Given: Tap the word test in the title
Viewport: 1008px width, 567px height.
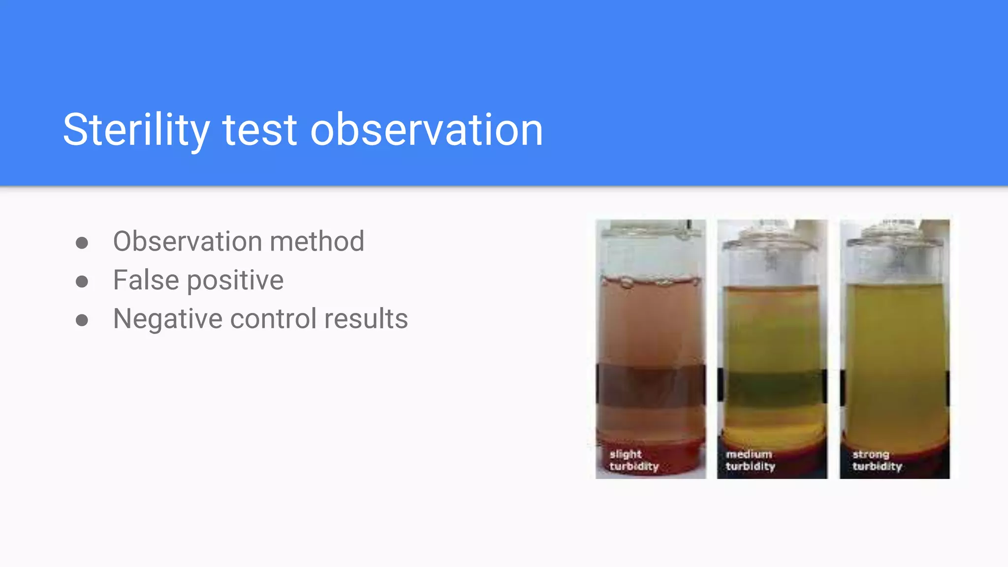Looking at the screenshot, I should [260, 130].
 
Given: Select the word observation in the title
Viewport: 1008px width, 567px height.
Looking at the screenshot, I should [426, 130].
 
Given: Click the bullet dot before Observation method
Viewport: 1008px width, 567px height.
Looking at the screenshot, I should [82, 243].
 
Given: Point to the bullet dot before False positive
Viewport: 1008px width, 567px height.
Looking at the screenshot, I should [82, 282].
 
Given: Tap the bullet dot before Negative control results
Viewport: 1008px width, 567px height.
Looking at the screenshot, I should [82, 320].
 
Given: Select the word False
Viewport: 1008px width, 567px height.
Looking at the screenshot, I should [146, 280].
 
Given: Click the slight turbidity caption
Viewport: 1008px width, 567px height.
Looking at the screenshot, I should [633, 460].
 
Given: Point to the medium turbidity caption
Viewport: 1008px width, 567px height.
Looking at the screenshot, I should [750, 460].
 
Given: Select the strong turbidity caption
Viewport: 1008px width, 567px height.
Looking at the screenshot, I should [877, 460].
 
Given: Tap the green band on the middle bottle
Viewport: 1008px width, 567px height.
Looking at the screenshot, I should [772, 389].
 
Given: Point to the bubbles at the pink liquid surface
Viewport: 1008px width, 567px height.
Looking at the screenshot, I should [650, 282].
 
